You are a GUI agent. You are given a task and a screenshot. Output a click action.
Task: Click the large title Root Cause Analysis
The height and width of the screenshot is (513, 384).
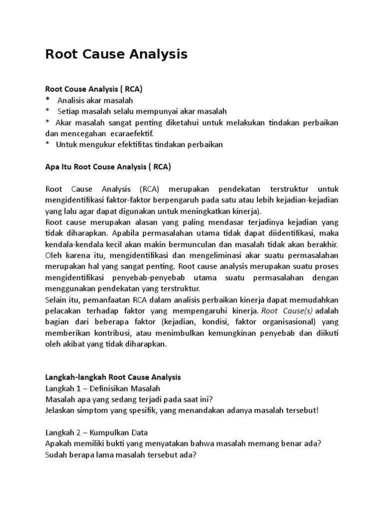tap(116, 54)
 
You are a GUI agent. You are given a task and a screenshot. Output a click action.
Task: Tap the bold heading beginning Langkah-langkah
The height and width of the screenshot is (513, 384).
tap(113, 377)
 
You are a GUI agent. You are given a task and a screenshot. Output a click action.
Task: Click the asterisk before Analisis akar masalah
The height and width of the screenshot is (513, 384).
tap(47, 100)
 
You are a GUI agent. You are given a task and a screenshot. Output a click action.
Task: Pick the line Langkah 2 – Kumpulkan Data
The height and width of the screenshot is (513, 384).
tap(96, 432)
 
